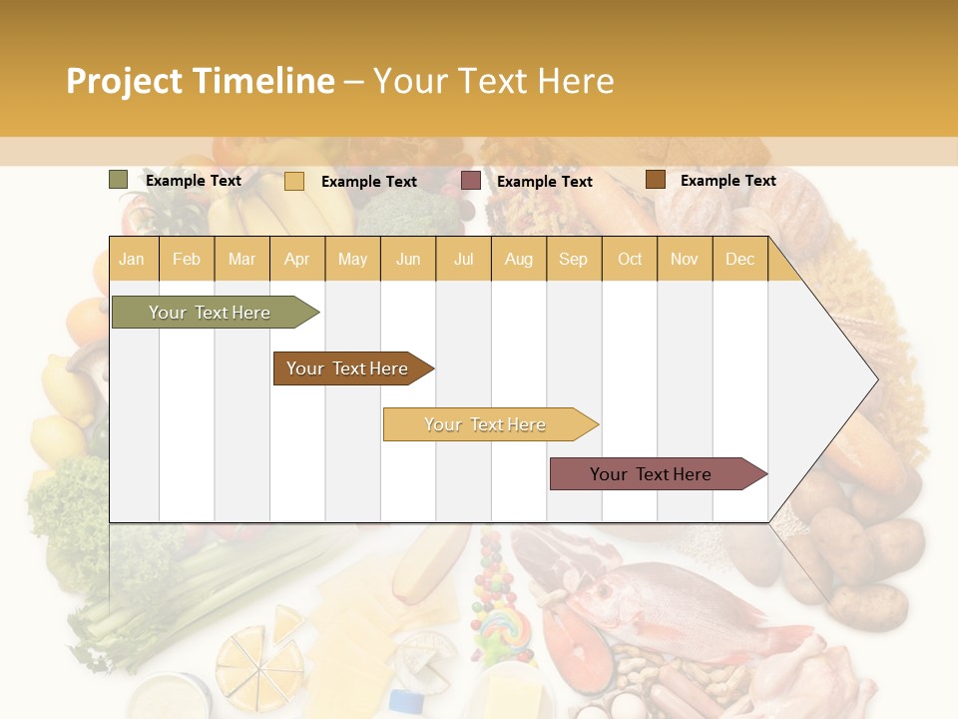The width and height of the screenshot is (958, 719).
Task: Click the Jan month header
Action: (x=132, y=259)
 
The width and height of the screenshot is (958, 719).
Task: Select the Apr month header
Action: (x=296, y=259)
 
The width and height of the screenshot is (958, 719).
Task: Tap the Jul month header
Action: (x=463, y=259)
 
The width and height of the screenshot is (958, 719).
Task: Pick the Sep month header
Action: (x=573, y=259)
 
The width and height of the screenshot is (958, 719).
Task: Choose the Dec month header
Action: (x=739, y=259)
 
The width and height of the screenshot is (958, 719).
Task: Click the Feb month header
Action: (x=187, y=259)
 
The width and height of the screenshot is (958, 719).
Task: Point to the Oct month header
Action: (x=630, y=259)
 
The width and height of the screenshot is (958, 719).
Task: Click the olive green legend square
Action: (x=119, y=180)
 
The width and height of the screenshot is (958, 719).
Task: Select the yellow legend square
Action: (x=294, y=181)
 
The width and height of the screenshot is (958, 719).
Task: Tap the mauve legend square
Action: (x=471, y=181)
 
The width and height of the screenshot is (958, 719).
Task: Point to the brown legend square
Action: (x=655, y=180)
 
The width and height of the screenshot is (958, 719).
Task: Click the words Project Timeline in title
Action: (x=201, y=81)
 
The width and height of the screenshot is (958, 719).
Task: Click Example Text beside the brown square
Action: (x=727, y=181)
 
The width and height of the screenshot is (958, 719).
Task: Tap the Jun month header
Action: (x=408, y=259)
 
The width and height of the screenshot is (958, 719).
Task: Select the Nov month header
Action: (x=685, y=259)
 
